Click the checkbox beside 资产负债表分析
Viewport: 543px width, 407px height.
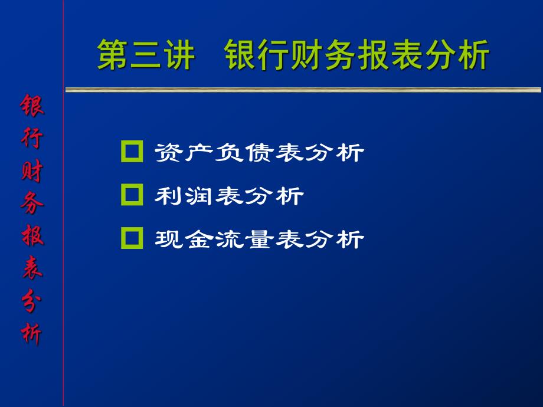(x=132, y=152)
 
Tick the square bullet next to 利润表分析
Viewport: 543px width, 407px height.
(x=132, y=195)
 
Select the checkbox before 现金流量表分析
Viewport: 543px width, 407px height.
(x=132, y=238)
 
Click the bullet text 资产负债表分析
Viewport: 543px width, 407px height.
(x=259, y=153)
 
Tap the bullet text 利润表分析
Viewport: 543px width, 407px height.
(x=228, y=195)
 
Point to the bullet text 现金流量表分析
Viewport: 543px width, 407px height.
(x=259, y=239)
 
